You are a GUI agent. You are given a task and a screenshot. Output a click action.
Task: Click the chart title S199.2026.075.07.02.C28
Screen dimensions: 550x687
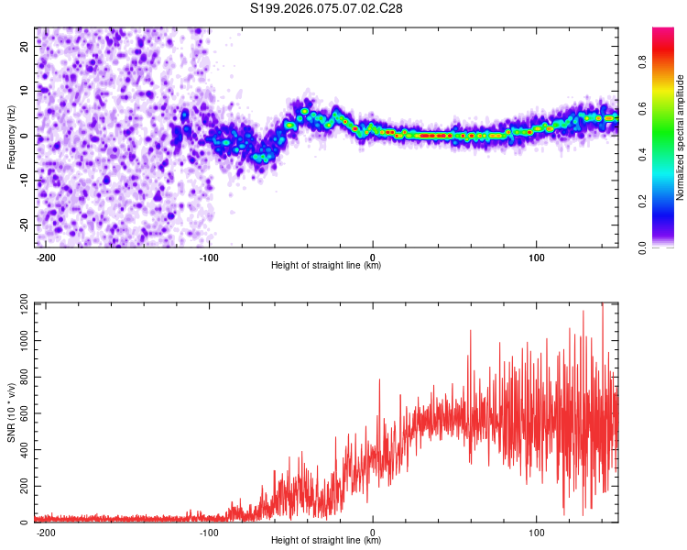(327, 8)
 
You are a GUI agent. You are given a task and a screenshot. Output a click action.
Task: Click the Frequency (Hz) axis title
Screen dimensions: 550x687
(11, 137)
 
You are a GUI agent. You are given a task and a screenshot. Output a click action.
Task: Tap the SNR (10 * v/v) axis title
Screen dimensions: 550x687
(11, 412)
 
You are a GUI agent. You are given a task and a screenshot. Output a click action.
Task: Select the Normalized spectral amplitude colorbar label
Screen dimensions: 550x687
(681, 137)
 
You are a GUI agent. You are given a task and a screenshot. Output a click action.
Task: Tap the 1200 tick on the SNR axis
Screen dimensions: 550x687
(18, 303)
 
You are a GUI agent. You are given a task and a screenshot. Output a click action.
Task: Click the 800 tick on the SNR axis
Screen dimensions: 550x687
(21, 377)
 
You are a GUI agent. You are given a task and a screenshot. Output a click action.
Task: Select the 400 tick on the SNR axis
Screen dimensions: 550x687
(21, 450)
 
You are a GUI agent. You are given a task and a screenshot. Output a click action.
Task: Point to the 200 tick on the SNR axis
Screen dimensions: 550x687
(21, 487)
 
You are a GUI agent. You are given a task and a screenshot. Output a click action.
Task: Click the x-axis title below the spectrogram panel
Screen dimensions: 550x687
(326, 266)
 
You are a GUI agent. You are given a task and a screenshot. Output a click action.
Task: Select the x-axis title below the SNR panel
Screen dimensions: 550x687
(326, 541)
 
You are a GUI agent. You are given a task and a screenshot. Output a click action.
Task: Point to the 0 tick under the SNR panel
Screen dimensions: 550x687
(373, 531)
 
